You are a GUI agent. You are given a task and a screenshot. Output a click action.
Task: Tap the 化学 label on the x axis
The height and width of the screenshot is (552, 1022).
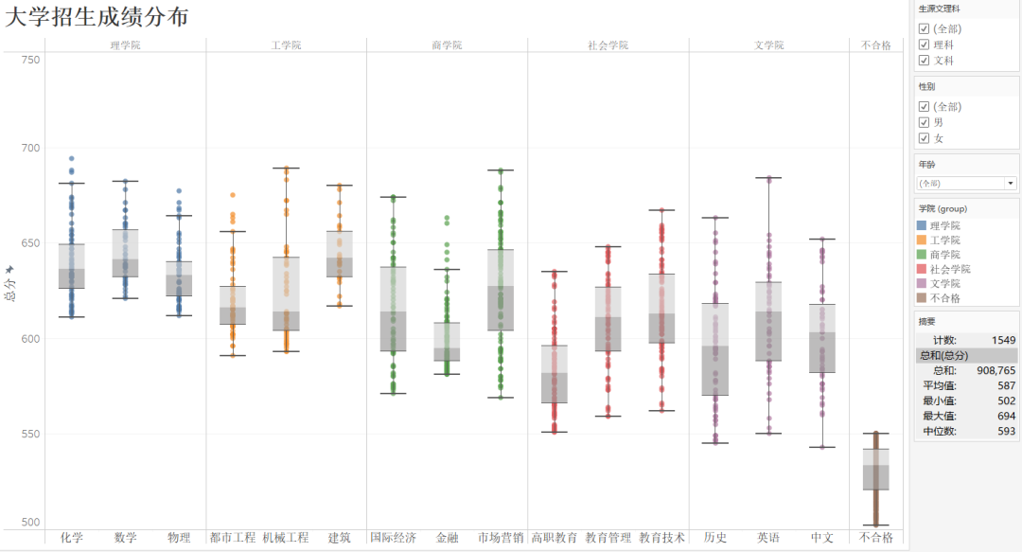click(72, 538)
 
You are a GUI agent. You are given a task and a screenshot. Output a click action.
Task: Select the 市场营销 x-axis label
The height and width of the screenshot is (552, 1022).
click(501, 538)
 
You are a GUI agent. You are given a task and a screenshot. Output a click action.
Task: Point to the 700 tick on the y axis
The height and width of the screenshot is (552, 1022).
click(30, 148)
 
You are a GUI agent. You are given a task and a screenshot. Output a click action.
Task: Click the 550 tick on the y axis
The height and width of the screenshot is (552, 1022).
click(30, 435)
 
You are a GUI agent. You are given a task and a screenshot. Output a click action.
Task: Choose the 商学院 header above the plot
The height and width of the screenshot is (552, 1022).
click(447, 45)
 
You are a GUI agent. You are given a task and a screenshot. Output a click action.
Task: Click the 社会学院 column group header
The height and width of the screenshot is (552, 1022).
click(608, 45)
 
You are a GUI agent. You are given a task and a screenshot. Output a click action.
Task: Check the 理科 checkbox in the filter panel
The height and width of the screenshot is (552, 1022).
click(924, 45)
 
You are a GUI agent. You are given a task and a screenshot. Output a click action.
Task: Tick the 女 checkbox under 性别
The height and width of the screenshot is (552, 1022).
click(924, 138)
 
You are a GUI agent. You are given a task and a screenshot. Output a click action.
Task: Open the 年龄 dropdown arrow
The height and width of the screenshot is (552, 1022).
click(1011, 183)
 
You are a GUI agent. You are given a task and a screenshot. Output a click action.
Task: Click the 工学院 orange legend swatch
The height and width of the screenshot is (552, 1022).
click(923, 240)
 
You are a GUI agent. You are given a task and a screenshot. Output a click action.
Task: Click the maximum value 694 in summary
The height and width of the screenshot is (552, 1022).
click(1004, 416)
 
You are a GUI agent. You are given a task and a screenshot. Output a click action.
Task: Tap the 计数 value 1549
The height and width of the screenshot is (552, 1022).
click(1002, 339)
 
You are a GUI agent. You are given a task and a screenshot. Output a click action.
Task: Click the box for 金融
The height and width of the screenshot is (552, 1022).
click(447, 342)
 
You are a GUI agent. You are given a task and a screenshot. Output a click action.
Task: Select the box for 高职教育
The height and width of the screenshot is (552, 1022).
click(555, 374)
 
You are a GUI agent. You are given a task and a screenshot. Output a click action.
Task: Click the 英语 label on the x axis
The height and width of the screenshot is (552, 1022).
click(768, 538)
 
